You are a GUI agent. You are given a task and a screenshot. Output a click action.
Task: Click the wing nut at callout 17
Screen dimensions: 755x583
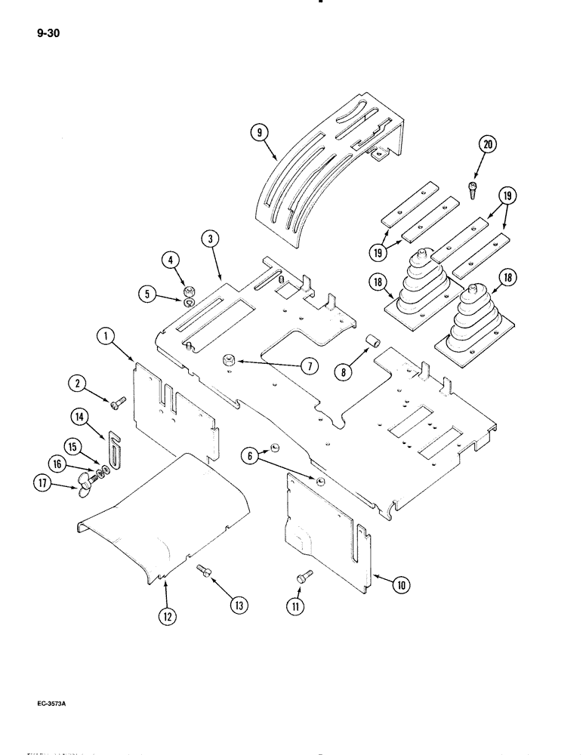pyautogui.click(x=83, y=489)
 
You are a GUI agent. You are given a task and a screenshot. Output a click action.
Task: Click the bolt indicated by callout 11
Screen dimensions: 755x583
pyautogui.click(x=303, y=577)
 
